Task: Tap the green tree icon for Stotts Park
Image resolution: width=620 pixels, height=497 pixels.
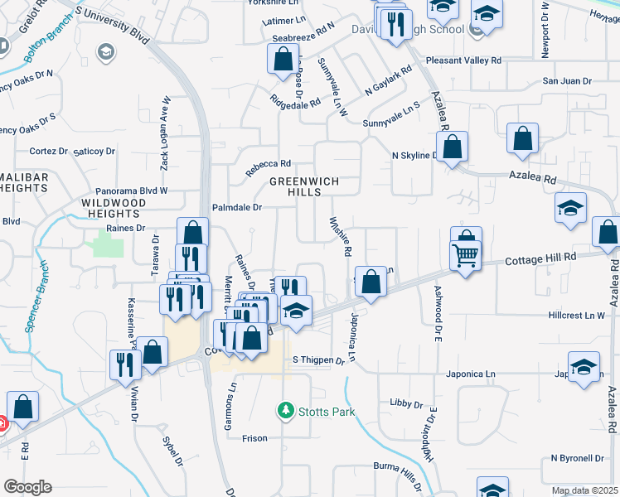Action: (x=285, y=410)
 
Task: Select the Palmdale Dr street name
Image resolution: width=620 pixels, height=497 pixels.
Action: (x=237, y=208)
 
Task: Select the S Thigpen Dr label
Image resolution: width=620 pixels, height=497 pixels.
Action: (x=318, y=360)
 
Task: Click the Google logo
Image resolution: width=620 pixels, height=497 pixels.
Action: (x=27, y=486)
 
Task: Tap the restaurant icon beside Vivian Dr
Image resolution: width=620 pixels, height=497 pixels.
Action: (x=124, y=364)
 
